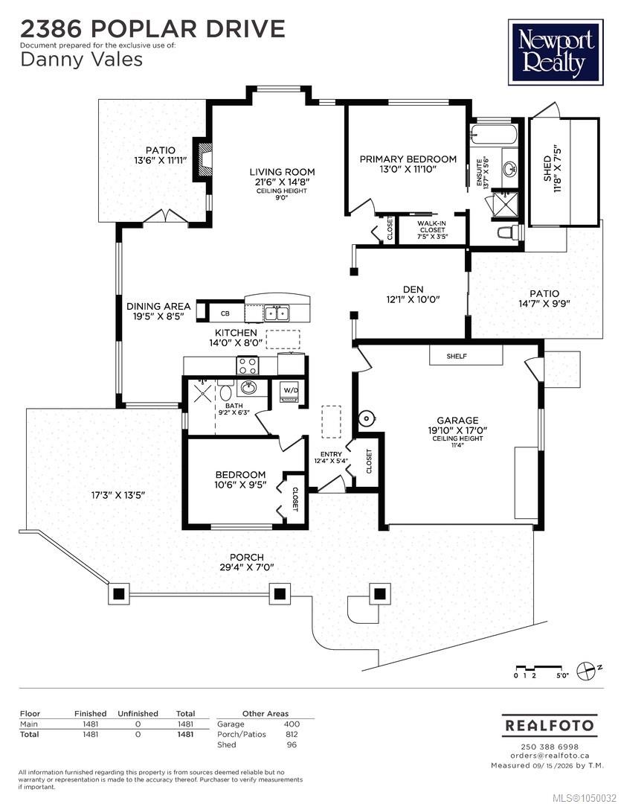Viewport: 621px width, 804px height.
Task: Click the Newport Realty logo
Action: click(556, 52)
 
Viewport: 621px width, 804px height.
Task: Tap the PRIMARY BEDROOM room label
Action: click(408, 159)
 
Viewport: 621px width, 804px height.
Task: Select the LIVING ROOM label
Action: click(283, 172)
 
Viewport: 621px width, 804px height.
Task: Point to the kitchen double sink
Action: click(277, 312)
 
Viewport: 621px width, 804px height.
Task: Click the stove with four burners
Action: click(248, 365)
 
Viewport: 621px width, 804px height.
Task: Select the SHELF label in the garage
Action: click(457, 356)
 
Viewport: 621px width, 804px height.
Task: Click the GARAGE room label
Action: click(457, 421)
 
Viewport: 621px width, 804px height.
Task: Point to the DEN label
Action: click(413, 290)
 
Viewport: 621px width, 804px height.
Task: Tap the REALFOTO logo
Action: click(550, 726)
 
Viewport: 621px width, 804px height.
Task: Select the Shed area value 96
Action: click(292, 744)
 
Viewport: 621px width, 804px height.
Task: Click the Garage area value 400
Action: click(292, 724)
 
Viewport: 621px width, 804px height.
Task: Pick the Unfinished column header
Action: click(138, 713)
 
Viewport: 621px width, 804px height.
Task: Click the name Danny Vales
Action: click(82, 60)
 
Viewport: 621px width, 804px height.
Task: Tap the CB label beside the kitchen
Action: click(225, 313)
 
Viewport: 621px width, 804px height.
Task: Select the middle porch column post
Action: click(280, 594)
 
